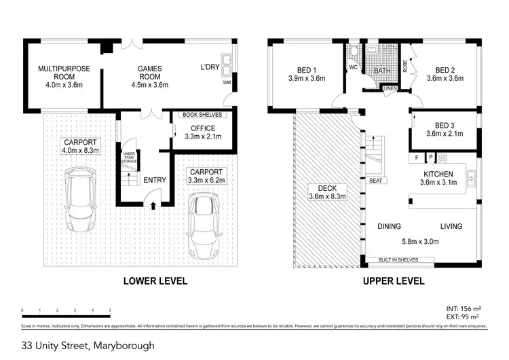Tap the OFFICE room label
tap(203, 128)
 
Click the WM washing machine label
tap(227, 84)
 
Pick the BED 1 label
tap(306, 71)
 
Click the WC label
tap(353, 68)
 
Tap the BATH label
tap(381, 71)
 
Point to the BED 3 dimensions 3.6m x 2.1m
tap(444, 134)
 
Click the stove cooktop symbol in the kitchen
tap(442, 158)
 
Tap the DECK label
tap(327, 188)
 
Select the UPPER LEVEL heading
tap(393, 281)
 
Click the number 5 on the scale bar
tap(110, 310)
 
